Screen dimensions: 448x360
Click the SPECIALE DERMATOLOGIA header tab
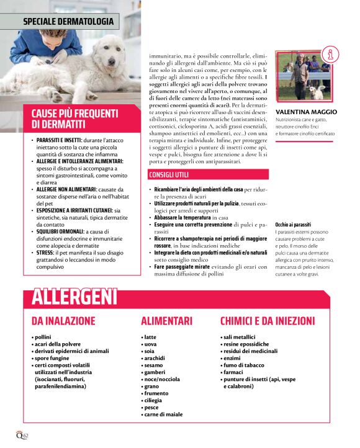pos(68,21)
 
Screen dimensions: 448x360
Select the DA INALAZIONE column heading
pos(63,321)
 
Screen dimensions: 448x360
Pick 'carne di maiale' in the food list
pos(163,414)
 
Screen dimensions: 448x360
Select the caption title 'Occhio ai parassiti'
pos(293,224)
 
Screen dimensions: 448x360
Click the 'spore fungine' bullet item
pos(52,358)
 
